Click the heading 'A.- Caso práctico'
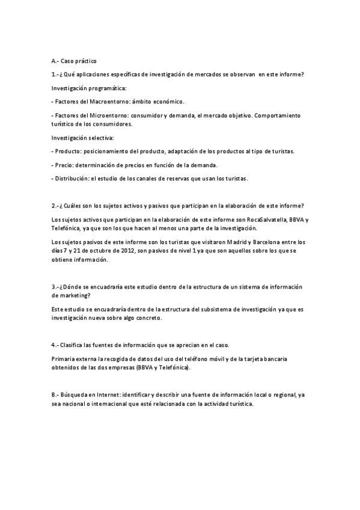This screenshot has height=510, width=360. coord(73,61)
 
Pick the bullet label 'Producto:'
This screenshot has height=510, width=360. coord(69,152)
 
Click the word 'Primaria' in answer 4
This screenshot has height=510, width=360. coord(64,359)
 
